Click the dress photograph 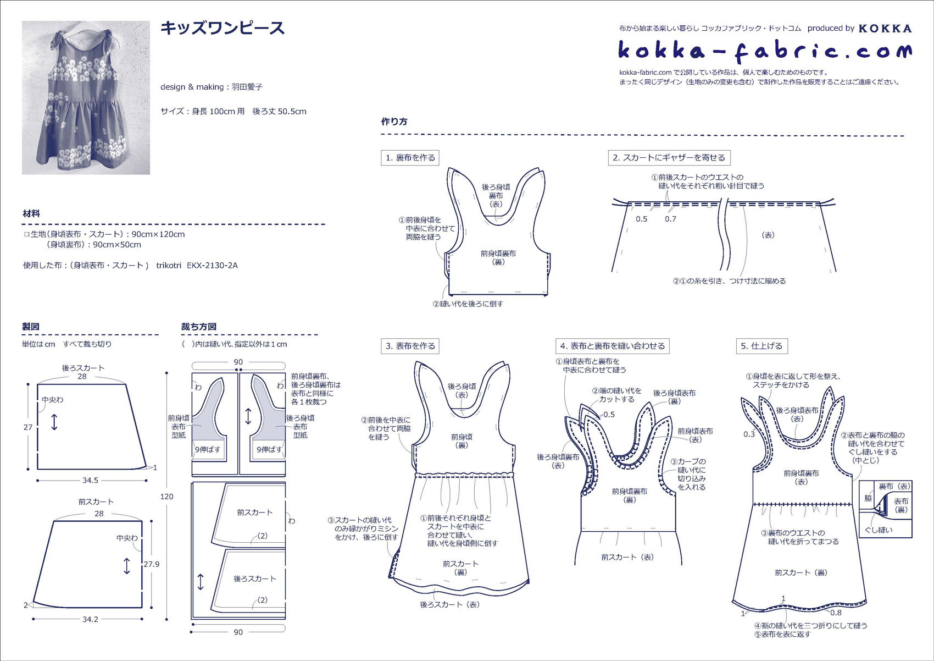(86, 98)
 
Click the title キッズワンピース (223, 29)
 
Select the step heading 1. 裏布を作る (410, 158)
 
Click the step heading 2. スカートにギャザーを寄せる (669, 158)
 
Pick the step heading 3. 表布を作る (410, 346)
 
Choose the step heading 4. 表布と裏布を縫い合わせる (612, 346)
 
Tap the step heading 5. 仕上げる (762, 346)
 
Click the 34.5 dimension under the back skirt (90, 480)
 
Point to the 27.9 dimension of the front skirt (151, 564)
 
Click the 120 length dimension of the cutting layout (166, 497)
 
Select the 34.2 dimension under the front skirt (90, 619)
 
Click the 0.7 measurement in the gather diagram (670, 219)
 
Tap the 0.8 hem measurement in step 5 (836, 613)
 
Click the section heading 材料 (31, 214)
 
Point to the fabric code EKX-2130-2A (212, 266)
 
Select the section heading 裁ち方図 (199, 327)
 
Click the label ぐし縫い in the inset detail (879, 530)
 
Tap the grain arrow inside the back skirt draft (54, 422)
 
